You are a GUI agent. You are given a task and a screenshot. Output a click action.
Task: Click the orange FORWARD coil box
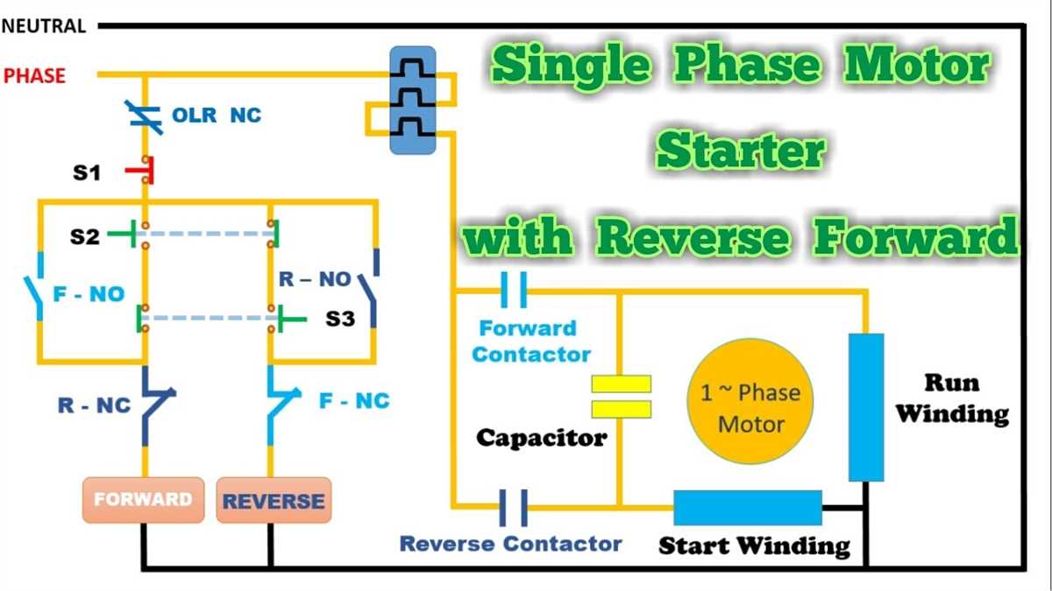(x=143, y=500)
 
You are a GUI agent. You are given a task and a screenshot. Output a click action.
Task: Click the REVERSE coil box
(x=274, y=501)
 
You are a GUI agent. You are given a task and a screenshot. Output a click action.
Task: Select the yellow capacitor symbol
(x=621, y=397)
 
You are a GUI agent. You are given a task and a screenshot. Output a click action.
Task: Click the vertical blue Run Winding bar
(x=866, y=407)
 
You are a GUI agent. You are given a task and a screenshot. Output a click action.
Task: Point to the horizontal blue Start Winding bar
(x=747, y=508)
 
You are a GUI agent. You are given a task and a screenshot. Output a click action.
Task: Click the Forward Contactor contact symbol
(x=513, y=290)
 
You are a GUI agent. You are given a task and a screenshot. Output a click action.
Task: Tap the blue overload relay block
(x=412, y=101)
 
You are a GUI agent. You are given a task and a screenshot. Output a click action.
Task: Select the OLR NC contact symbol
(x=145, y=116)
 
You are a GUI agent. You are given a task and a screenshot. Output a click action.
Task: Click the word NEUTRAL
(x=44, y=26)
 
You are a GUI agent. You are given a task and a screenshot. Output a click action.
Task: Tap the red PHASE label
(x=34, y=75)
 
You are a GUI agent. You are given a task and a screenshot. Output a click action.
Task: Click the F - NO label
(x=89, y=294)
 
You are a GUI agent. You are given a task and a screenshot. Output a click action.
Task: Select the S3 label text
(x=340, y=319)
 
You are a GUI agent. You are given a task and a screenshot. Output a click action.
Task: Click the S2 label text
(x=85, y=236)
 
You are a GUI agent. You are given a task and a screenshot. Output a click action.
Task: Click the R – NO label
(x=315, y=280)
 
